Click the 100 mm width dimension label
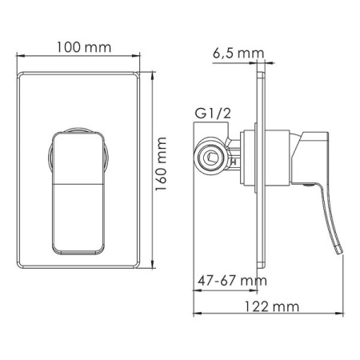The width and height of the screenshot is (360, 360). [84, 47]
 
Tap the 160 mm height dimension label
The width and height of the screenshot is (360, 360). [161, 164]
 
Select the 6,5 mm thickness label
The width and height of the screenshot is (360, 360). [238, 54]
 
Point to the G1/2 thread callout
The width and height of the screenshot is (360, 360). [213, 114]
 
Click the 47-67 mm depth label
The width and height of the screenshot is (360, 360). [232, 281]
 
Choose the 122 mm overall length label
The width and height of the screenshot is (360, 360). [272, 306]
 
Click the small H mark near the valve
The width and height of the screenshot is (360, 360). [234, 162]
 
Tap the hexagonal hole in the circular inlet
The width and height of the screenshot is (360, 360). [211, 157]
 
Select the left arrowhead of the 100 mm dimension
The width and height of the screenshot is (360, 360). [19, 56]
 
